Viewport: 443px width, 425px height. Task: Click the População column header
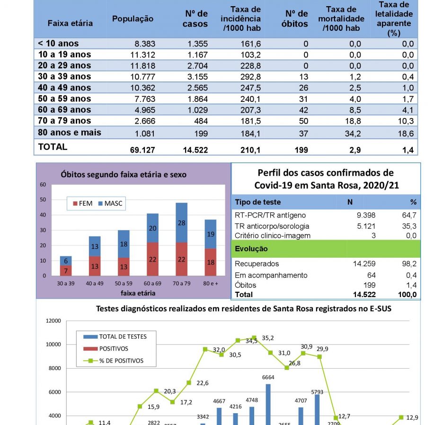(x=133, y=18)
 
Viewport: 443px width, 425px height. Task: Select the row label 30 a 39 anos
(x=64, y=76)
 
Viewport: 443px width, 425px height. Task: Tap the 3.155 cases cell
(x=197, y=77)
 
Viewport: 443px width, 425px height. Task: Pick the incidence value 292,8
(x=250, y=77)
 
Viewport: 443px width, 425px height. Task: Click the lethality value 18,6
(x=406, y=134)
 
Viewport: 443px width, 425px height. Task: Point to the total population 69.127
(x=142, y=150)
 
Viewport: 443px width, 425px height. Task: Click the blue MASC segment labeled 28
(x=181, y=223)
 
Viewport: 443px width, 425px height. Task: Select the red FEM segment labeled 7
(x=66, y=271)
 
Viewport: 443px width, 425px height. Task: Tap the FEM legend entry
(x=82, y=203)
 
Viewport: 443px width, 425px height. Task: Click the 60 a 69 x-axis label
(x=152, y=283)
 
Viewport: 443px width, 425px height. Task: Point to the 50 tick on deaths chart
(x=43, y=199)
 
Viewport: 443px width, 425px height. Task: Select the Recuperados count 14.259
(x=364, y=264)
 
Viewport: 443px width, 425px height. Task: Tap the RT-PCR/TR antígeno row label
(x=270, y=215)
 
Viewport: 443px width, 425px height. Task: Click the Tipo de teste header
(x=257, y=202)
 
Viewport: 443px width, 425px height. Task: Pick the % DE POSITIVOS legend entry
(x=113, y=361)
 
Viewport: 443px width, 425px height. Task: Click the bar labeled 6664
(x=268, y=404)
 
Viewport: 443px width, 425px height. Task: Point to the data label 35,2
(x=268, y=338)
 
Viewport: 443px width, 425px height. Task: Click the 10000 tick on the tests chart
(x=53, y=344)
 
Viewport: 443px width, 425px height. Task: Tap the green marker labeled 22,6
(x=189, y=383)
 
